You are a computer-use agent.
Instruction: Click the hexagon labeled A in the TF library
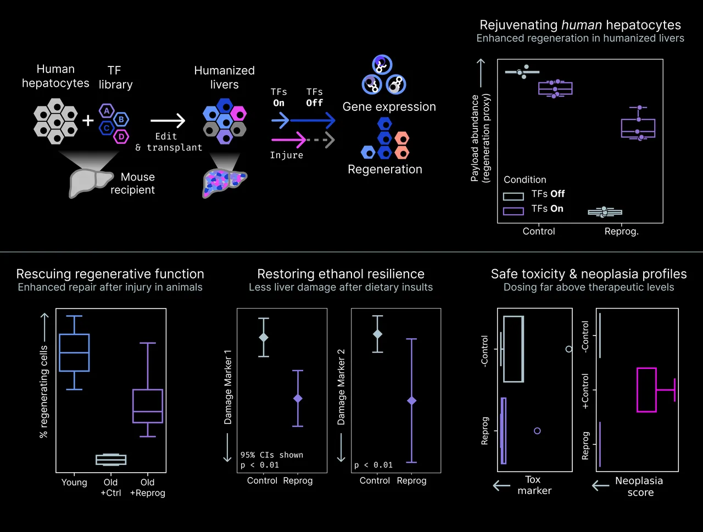107,111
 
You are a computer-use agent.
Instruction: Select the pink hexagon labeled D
121,137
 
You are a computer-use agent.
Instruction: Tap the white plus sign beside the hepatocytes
88,121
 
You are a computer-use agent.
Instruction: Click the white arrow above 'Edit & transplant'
168,120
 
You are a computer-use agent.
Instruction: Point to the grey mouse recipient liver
90,183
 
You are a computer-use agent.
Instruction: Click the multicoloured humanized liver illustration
224,183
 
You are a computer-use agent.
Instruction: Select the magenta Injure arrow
288,140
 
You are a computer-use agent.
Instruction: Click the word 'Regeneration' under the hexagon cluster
385,169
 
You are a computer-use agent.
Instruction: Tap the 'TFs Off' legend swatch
514,196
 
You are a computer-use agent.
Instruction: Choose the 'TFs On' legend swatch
514,211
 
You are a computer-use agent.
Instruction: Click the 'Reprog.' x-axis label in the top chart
621,231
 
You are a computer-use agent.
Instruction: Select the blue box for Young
74,352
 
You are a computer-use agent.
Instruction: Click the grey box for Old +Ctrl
111,460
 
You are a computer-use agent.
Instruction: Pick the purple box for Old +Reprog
148,406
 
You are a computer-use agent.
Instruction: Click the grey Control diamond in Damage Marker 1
264,338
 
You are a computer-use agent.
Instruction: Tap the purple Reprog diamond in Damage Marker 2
411,400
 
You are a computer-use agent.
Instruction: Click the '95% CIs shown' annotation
272,455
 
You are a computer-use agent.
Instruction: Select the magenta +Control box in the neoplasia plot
646,390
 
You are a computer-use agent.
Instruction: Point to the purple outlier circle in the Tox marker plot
537,431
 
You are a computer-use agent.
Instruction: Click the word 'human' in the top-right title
582,25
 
